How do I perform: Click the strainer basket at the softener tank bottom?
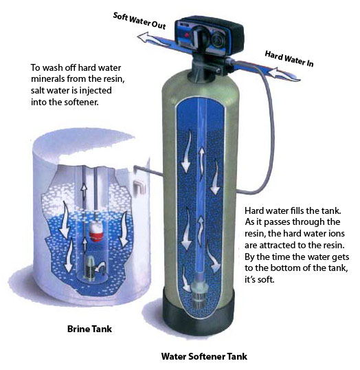(189, 296)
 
